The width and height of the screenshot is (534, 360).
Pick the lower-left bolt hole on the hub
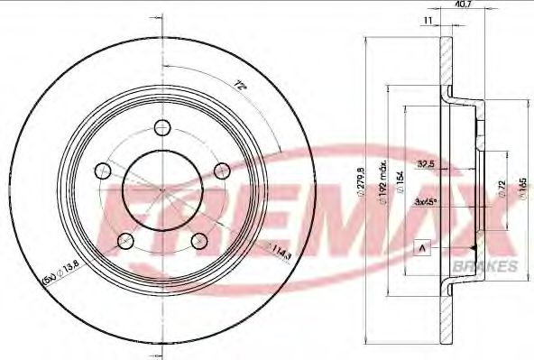126,239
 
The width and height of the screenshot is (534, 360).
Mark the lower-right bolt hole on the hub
198,238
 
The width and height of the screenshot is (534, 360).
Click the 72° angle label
241,86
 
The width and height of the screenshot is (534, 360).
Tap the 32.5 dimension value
428,163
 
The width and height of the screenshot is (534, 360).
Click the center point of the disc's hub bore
162,192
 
